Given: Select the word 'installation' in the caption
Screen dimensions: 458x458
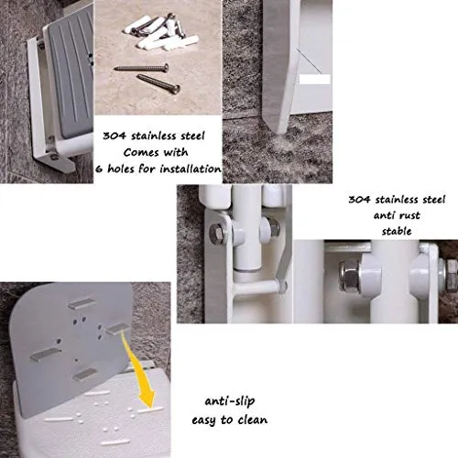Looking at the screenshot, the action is click(191, 169).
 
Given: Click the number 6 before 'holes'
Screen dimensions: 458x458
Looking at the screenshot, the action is click(99, 169).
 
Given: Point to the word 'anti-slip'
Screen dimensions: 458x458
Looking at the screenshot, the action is click(230, 401).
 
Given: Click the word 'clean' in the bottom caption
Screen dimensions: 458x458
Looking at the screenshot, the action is click(253, 420).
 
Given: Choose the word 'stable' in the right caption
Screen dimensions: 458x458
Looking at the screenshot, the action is click(397, 231).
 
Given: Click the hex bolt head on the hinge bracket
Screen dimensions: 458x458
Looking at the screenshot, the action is click(217, 234).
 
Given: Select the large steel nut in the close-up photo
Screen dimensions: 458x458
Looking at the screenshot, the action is click(350, 277).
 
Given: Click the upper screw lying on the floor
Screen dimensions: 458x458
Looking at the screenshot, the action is click(142, 68).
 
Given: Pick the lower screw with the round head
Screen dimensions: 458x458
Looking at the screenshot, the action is click(158, 82).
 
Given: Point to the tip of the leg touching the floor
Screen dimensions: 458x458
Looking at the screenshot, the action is click(279, 133).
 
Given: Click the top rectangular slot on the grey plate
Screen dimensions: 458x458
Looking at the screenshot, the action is click(82, 304).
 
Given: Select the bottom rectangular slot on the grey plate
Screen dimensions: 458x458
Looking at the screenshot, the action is click(85, 375).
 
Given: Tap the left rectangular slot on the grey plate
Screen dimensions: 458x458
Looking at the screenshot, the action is click(45, 354).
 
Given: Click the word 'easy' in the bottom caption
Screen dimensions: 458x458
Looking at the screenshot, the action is click(203, 420).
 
